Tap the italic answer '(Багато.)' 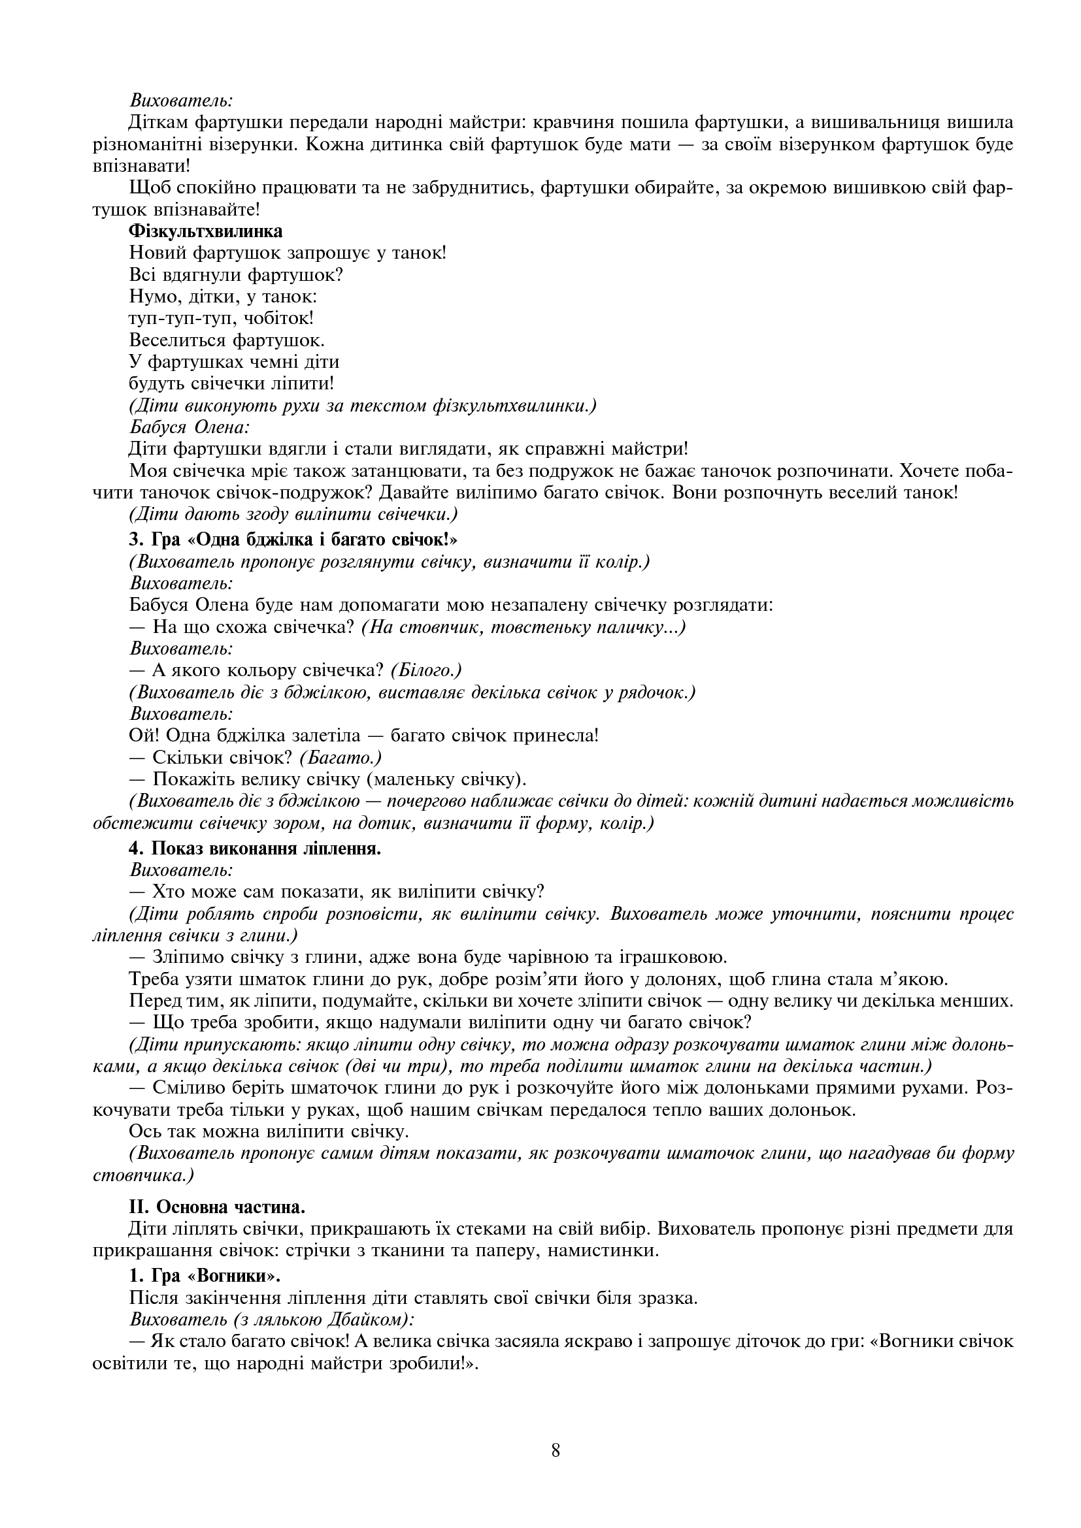pyautogui.click(x=340, y=757)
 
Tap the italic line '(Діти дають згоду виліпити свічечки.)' pyautogui.click(x=293, y=514)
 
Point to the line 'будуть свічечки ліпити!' pyautogui.click(x=231, y=383)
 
